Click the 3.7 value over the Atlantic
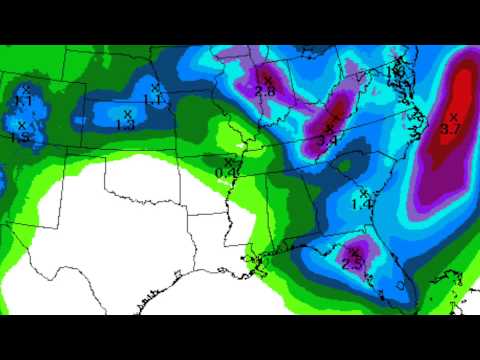click(449, 129)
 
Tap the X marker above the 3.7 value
click(453, 117)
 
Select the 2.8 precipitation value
click(265, 91)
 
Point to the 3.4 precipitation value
click(326, 141)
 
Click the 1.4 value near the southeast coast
click(362, 204)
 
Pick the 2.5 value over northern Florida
click(352, 265)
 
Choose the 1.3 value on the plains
click(125, 126)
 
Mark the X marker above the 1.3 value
click(128, 114)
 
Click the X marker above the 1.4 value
click(363, 192)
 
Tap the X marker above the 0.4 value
click(229, 161)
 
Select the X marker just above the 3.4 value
click(330, 129)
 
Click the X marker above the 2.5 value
click(355, 253)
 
